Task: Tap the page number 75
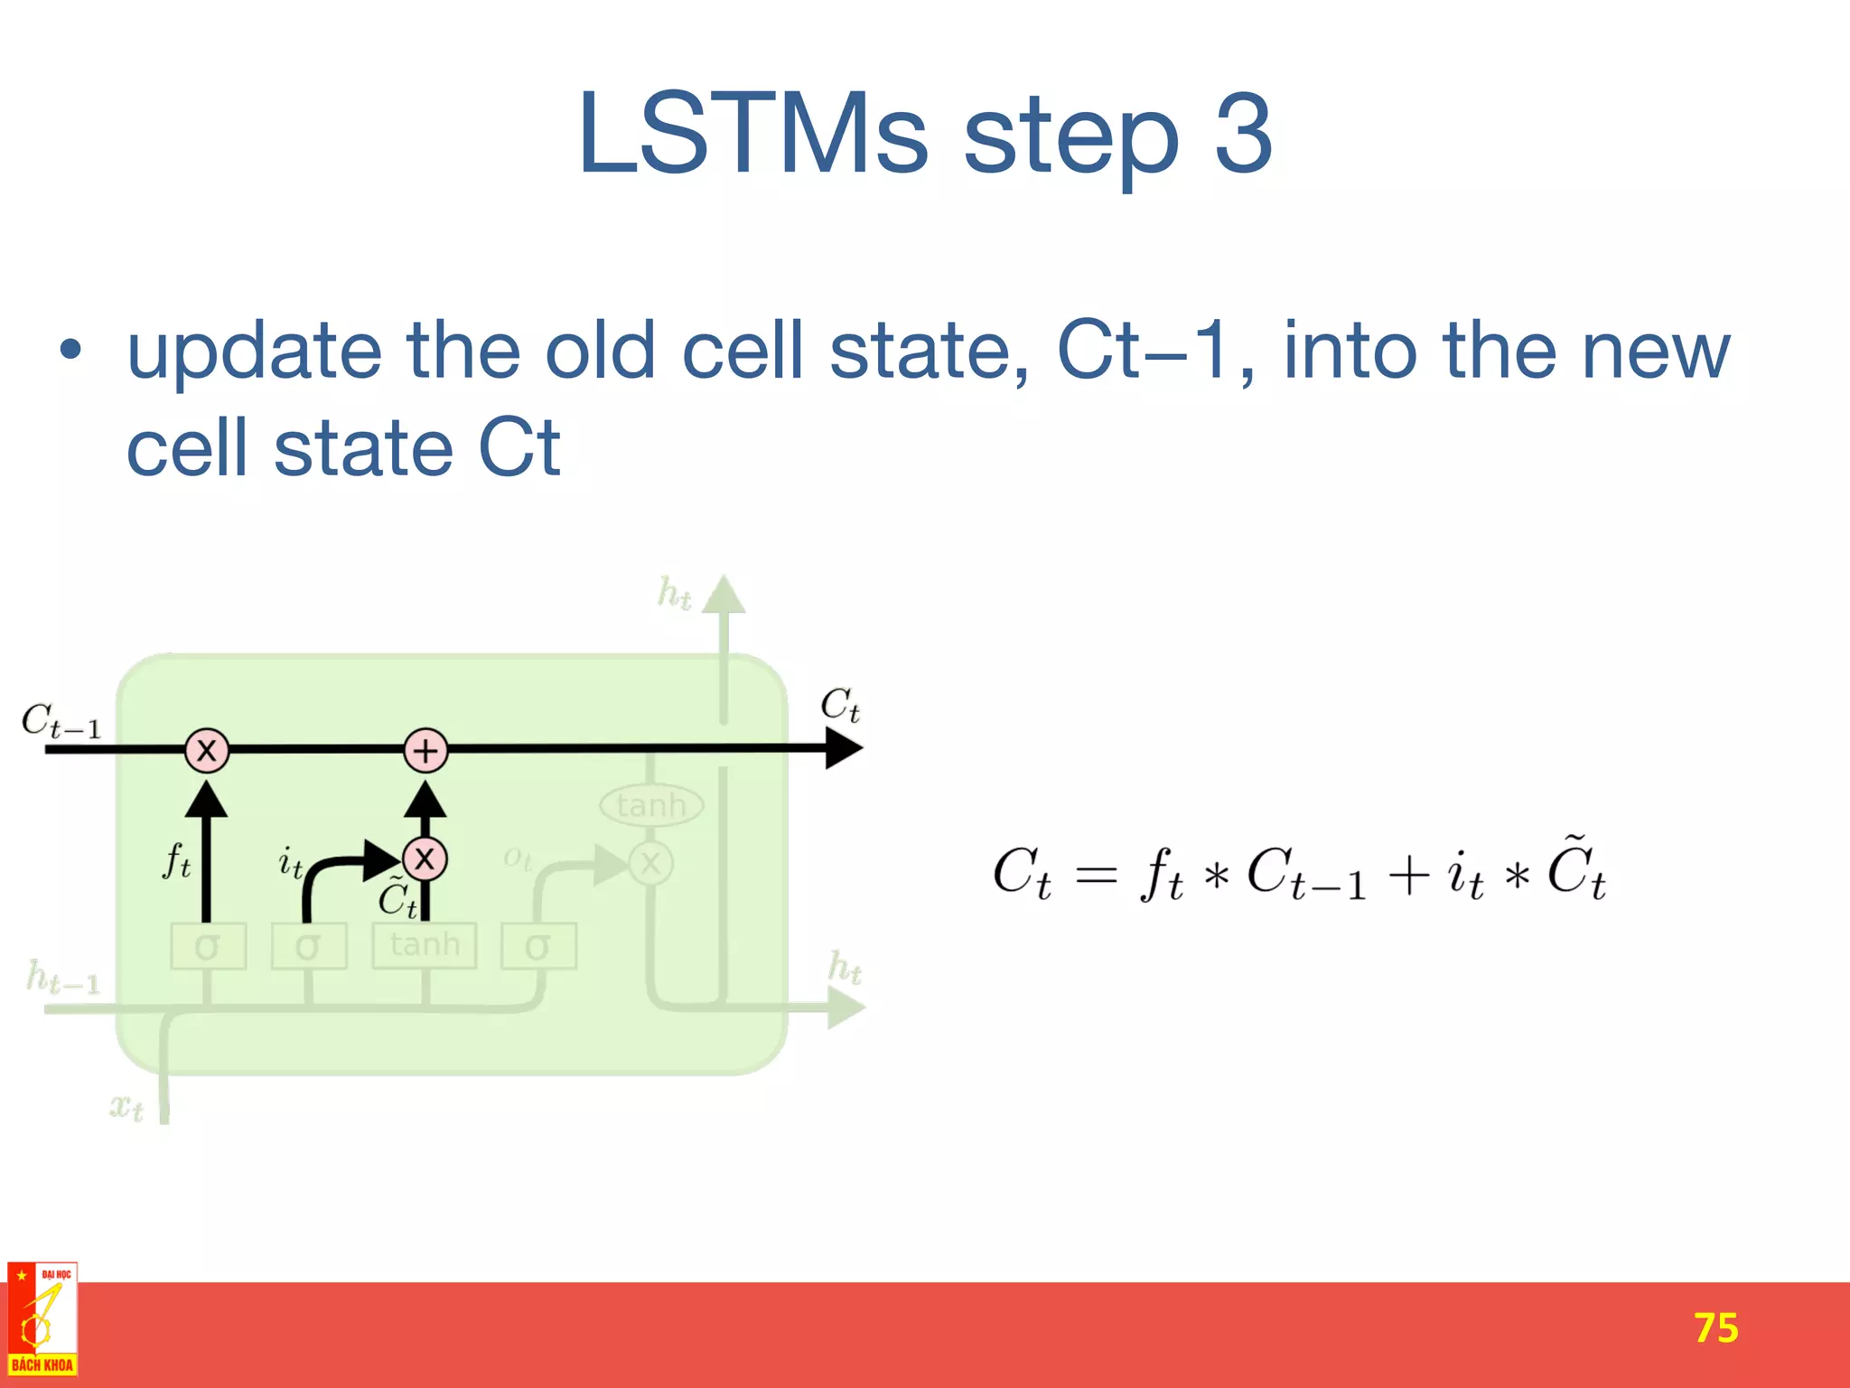1715,1327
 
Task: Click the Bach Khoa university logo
42,1319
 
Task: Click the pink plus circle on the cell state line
425,750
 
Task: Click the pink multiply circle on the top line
207,750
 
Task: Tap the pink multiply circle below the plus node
425,858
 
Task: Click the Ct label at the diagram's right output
839,705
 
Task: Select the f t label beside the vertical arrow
176,860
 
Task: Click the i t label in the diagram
290,863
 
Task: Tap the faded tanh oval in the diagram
651,805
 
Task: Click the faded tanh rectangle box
425,945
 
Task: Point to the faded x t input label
126,1106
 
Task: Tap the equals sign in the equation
1097,875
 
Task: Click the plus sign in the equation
1408,875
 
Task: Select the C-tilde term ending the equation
1576,869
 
